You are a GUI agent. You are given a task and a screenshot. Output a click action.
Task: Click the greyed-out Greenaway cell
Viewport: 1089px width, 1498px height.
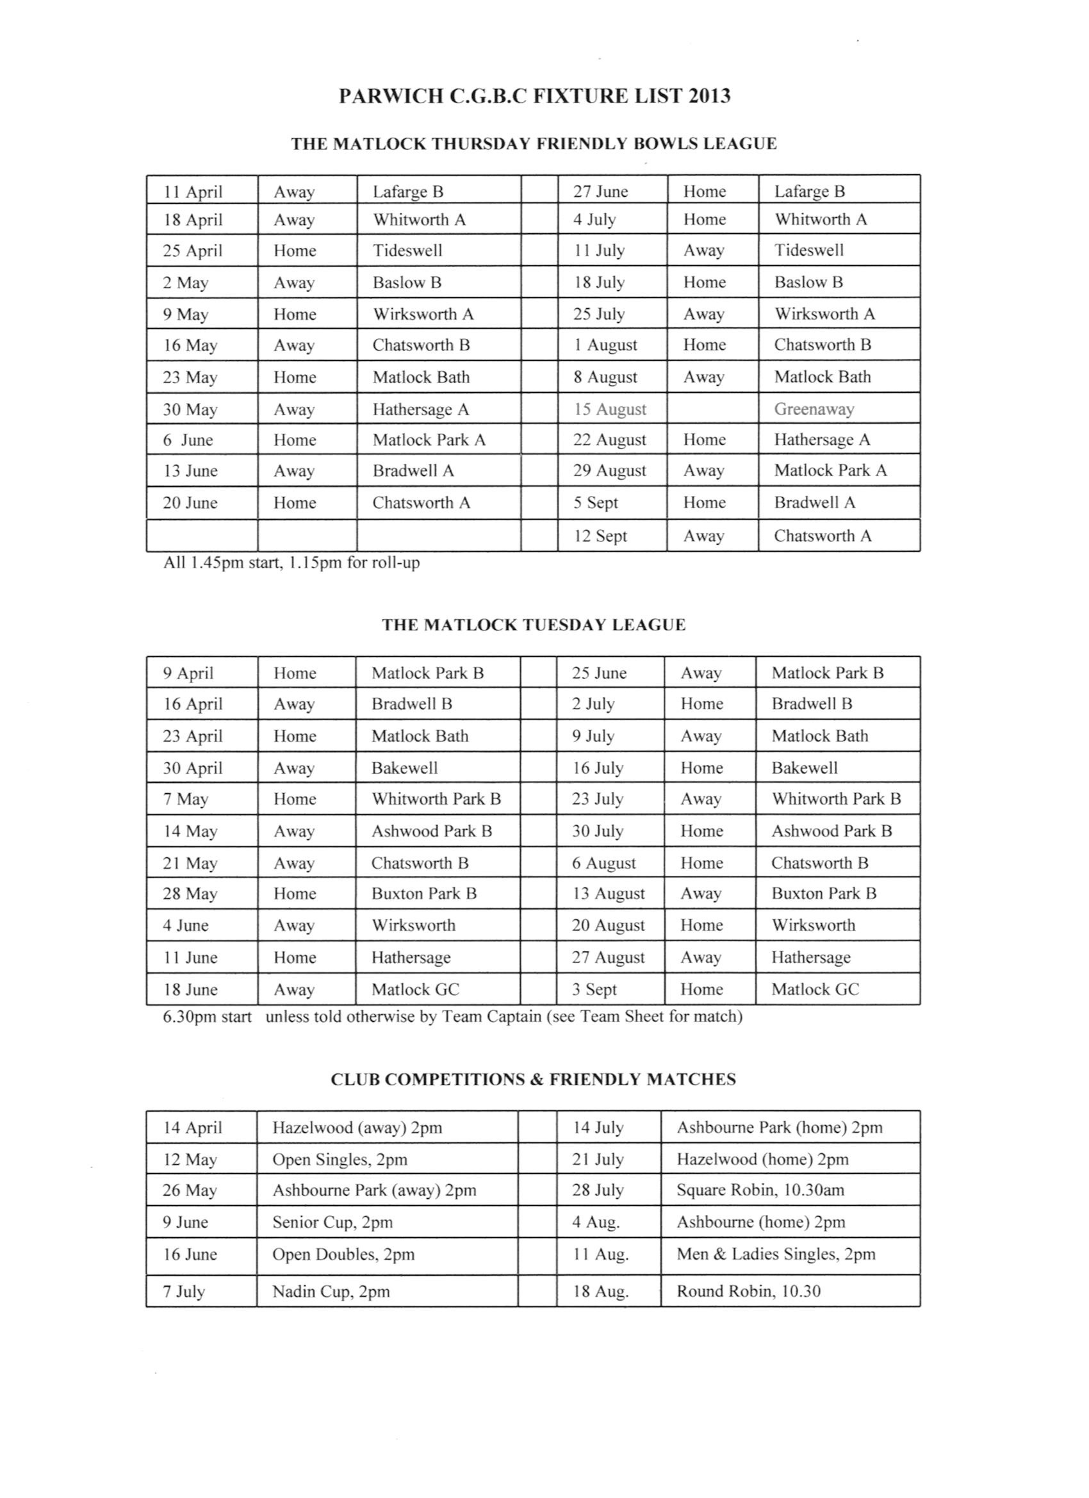click(814, 409)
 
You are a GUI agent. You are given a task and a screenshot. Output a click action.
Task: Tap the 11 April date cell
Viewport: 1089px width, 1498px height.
click(193, 192)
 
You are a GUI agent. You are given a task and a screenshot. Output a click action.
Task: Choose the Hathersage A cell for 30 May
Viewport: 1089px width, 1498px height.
click(421, 409)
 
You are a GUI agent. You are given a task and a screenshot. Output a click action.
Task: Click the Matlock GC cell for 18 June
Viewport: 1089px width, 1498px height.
click(414, 989)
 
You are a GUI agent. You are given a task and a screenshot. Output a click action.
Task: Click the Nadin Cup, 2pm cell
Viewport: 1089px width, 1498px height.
click(331, 1291)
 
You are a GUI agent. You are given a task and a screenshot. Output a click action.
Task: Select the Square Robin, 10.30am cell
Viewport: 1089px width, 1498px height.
click(760, 1190)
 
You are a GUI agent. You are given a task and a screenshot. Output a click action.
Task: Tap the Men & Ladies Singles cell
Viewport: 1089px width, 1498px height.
click(775, 1255)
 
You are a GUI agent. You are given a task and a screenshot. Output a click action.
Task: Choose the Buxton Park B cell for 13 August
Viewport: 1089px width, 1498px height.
click(824, 894)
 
